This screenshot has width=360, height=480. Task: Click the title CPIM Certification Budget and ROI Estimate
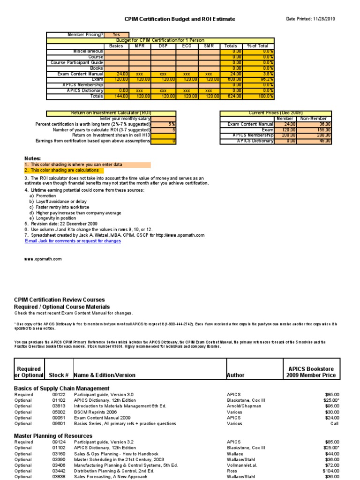coord(180,19)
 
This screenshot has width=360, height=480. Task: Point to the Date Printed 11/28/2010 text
coord(311,19)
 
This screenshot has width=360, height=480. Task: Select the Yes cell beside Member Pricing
coord(116,35)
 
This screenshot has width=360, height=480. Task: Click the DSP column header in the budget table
coord(163,46)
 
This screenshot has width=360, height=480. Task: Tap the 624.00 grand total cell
coord(232,96)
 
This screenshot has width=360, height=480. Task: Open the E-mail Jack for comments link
coord(73,241)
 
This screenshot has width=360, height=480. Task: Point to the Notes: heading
coord(32,159)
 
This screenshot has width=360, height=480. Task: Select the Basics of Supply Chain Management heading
coord(62,389)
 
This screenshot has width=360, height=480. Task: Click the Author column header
coord(238,375)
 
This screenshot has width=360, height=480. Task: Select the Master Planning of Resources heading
coord(53,436)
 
